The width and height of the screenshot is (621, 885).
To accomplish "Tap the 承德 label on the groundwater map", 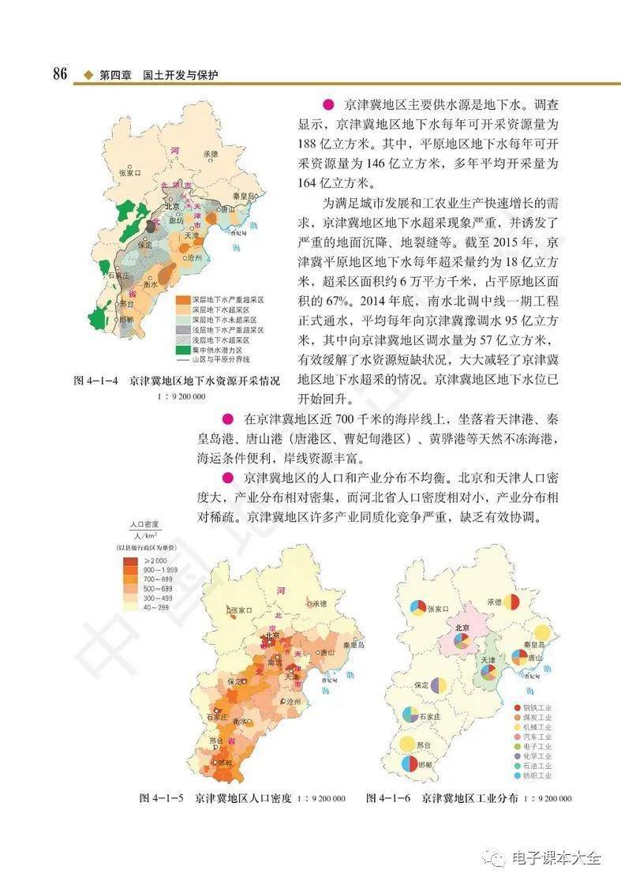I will coord(209,154).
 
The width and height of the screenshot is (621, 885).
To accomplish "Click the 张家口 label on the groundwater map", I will coord(129,171).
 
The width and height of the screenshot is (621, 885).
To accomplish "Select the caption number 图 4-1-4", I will coord(96,381).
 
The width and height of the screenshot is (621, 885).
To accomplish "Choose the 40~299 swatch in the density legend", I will coord(132,608).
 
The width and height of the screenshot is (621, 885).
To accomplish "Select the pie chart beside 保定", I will coord(440,685).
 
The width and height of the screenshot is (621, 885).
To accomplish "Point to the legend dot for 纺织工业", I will coord(518,776).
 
